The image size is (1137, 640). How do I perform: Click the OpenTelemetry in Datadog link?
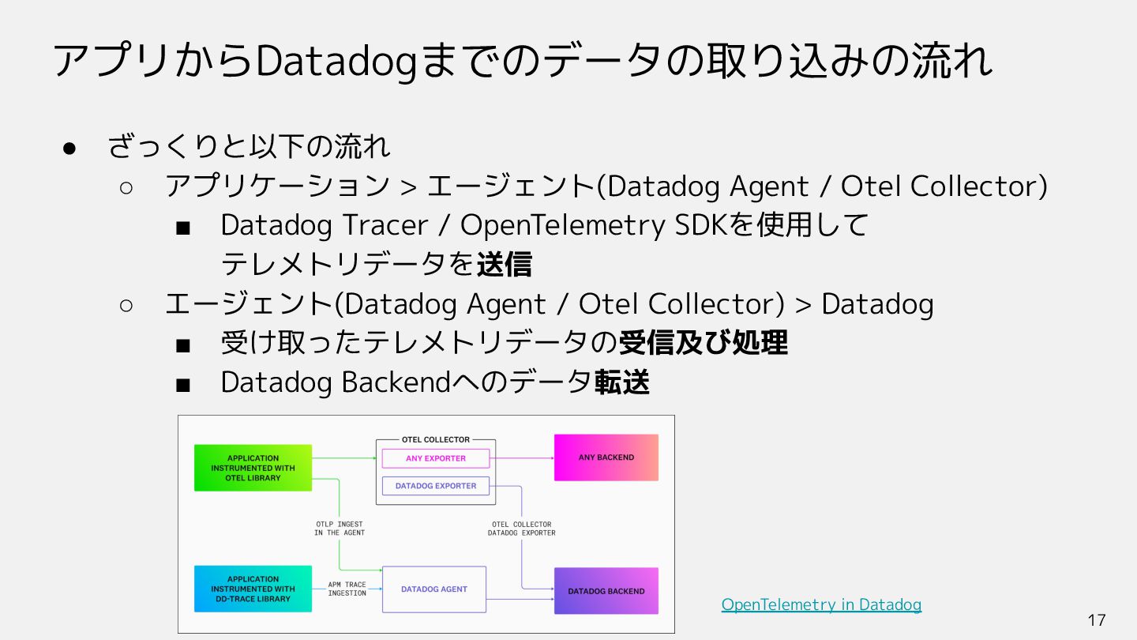[x=821, y=604]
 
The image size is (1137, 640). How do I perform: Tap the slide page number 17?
[x=1097, y=620]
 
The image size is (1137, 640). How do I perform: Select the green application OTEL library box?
[x=253, y=468]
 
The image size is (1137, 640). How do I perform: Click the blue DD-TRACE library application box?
[x=253, y=589]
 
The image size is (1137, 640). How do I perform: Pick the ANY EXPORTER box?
[x=435, y=458]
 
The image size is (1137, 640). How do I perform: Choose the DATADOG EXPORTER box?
[x=435, y=486]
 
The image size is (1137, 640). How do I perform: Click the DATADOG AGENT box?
[x=433, y=589]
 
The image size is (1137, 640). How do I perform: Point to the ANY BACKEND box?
[x=606, y=457]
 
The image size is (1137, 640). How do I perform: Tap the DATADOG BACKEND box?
[x=606, y=591]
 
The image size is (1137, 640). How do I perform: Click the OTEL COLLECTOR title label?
[x=435, y=439]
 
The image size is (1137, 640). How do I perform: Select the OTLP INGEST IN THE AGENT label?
[x=339, y=529]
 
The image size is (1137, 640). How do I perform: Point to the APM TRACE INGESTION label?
[x=347, y=589]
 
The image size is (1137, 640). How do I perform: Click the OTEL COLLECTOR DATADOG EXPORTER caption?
[x=521, y=529]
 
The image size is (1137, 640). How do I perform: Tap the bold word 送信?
[x=504, y=265]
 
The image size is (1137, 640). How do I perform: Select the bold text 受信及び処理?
[x=703, y=343]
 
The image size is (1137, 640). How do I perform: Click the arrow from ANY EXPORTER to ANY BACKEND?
[x=522, y=458]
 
